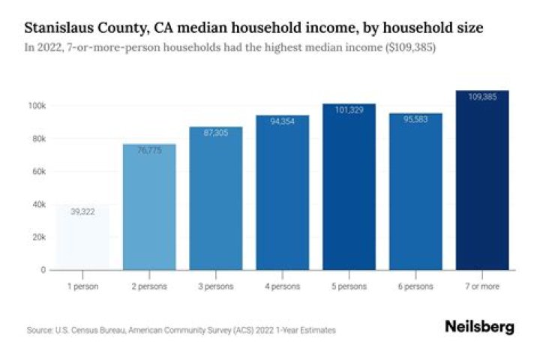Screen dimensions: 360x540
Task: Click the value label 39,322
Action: pyautogui.click(x=82, y=213)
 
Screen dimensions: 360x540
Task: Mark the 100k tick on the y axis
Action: pyautogui.click(x=37, y=106)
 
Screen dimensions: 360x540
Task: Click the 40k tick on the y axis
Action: pyautogui.click(x=38, y=204)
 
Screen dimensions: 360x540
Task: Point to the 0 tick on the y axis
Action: pyautogui.click(x=43, y=269)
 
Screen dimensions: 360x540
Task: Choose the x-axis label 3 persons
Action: pyautogui.click(x=216, y=286)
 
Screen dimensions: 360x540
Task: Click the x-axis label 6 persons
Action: pyautogui.click(x=415, y=286)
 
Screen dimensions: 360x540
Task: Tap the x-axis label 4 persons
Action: pyautogui.click(x=282, y=286)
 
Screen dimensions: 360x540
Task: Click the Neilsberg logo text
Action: pyautogui.click(x=479, y=327)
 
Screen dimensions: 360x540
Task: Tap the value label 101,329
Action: pyautogui.click(x=349, y=109)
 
